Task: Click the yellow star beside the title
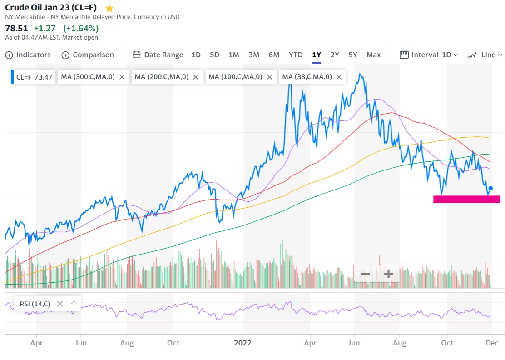click(x=109, y=8)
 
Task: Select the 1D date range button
click(x=196, y=55)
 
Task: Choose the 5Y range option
click(x=352, y=55)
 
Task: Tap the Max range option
click(x=373, y=55)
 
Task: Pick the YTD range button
click(x=296, y=55)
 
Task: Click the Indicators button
click(x=28, y=55)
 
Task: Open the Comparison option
click(x=88, y=55)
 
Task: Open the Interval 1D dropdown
click(x=429, y=55)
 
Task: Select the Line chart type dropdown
click(x=485, y=55)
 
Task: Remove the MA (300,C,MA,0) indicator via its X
click(x=122, y=77)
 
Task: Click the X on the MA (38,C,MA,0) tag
click(x=339, y=77)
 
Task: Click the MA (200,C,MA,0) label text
click(x=161, y=77)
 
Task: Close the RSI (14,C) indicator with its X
click(x=59, y=304)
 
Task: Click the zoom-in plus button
click(x=388, y=274)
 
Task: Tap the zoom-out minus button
click(x=365, y=274)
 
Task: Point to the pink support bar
click(x=466, y=199)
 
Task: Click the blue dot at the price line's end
click(x=490, y=188)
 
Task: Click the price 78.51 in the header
click(x=16, y=28)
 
